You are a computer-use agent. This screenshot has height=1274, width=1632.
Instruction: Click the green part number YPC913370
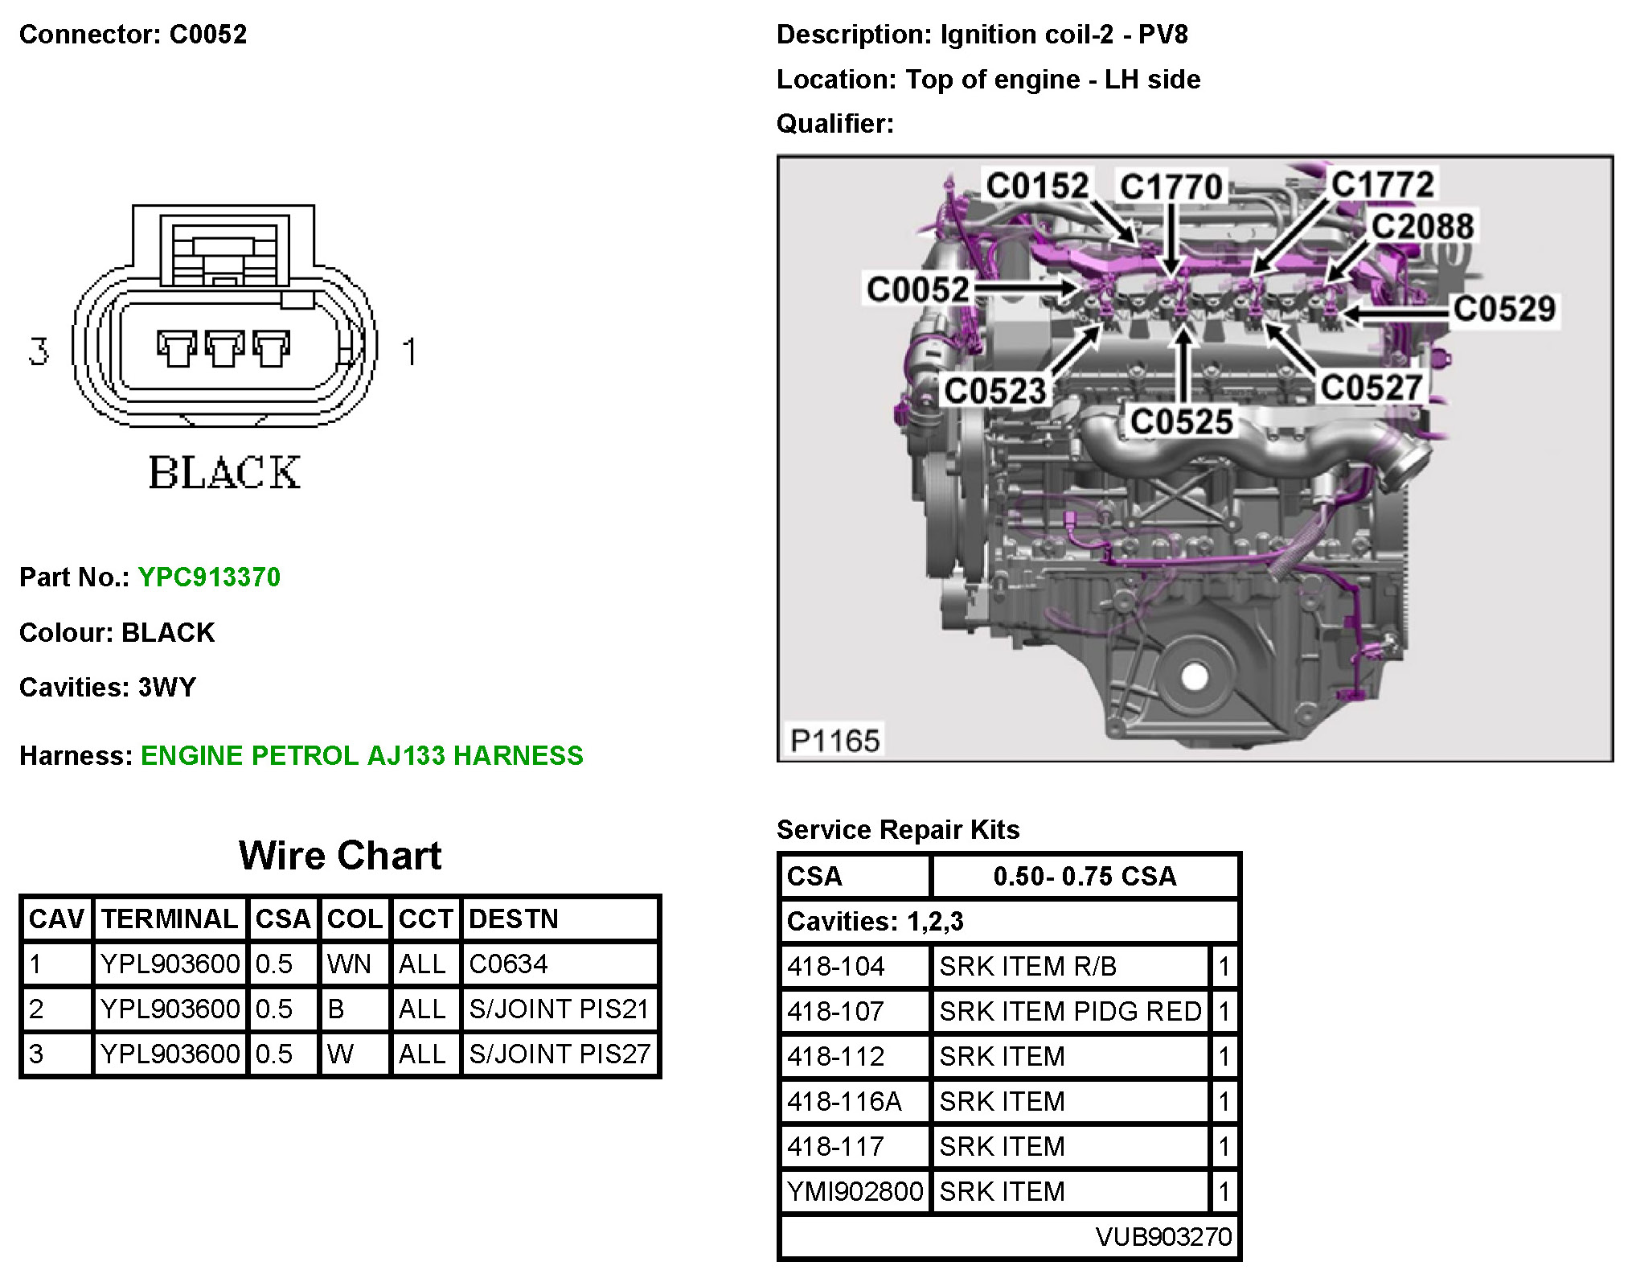[x=209, y=577]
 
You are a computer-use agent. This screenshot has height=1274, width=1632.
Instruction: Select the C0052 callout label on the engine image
[x=917, y=290]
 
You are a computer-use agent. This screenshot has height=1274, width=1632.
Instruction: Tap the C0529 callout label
[x=1504, y=309]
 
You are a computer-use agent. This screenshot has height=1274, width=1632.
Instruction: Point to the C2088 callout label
[x=1422, y=226]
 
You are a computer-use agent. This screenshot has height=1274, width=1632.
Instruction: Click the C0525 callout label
[x=1181, y=421]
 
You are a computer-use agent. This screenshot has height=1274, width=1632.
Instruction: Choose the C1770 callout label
[x=1171, y=187]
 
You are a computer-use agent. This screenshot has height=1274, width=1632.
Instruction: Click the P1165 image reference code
[x=835, y=740]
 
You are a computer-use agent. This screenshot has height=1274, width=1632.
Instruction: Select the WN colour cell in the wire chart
[x=350, y=964]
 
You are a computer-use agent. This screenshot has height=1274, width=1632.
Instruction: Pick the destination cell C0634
[x=508, y=964]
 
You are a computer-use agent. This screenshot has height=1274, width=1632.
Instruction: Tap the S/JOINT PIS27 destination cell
[x=560, y=1054]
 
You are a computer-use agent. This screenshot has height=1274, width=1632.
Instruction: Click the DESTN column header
[x=513, y=919]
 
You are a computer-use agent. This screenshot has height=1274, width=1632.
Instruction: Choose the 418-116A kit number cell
[x=844, y=1101]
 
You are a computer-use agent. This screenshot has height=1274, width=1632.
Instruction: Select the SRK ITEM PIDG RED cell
[x=1070, y=1011]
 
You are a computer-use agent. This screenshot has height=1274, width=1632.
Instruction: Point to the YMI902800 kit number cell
[x=855, y=1191]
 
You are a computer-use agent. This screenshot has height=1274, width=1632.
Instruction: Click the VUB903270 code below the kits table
[x=1163, y=1236]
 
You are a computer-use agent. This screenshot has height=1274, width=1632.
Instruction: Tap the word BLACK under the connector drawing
[x=224, y=473]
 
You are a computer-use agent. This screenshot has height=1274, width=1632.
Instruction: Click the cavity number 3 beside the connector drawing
[x=39, y=351]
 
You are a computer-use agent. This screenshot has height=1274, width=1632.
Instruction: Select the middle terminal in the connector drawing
[x=224, y=348]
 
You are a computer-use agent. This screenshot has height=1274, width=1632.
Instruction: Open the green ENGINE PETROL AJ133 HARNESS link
[x=362, y=756]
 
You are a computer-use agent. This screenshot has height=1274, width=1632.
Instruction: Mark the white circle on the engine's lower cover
[x=1195, y=676]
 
